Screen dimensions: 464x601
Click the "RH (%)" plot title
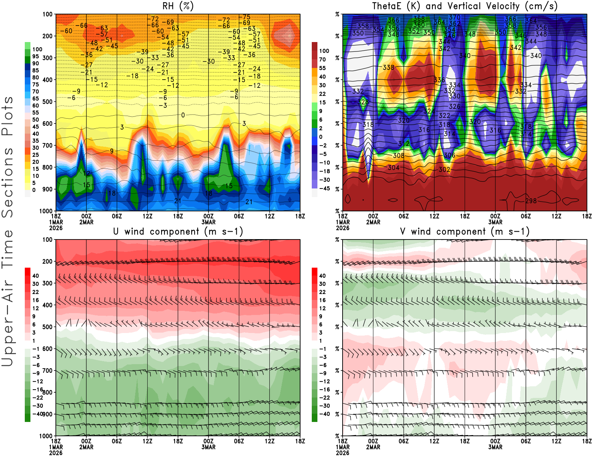pyautogui.click(x=178, y=6)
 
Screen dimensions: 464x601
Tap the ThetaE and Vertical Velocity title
pyautogui.click(x=465, y=6)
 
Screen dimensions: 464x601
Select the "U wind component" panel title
pyautogui.click(x=178, y=231)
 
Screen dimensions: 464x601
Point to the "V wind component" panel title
pyautogui.click(x=465, y=231)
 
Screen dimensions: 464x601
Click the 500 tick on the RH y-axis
pyautogui.click(x=47, y=101)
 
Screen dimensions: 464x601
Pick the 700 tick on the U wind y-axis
pyautogui.click(x=47, y=371)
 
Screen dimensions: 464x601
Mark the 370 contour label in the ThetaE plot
pyautogui.click(x=455, y=17)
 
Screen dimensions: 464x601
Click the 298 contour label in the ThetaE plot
pyautogui.click(x=531, y=201)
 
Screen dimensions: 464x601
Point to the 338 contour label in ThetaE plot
pyautogui.click(x=388, y=68)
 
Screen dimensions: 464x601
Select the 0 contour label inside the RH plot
pyautogui.click(x=183, y=115)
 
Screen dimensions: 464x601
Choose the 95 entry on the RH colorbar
pyautogui.click(x=35, y=56)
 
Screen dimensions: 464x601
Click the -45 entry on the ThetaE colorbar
pyautogui.click(x=324, y=188)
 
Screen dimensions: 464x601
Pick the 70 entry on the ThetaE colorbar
pyautogui.click(x=322, y=59)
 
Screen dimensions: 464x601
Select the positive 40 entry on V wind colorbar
pyautogui.click(x=322, y=276)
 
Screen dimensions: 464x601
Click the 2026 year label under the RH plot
pyautogui.click(x=56, y=228)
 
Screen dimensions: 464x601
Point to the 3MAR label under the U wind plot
pyautogui.click(x=208, y=447)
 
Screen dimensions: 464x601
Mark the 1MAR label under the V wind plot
pyautogui.click(x=343, y=447)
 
